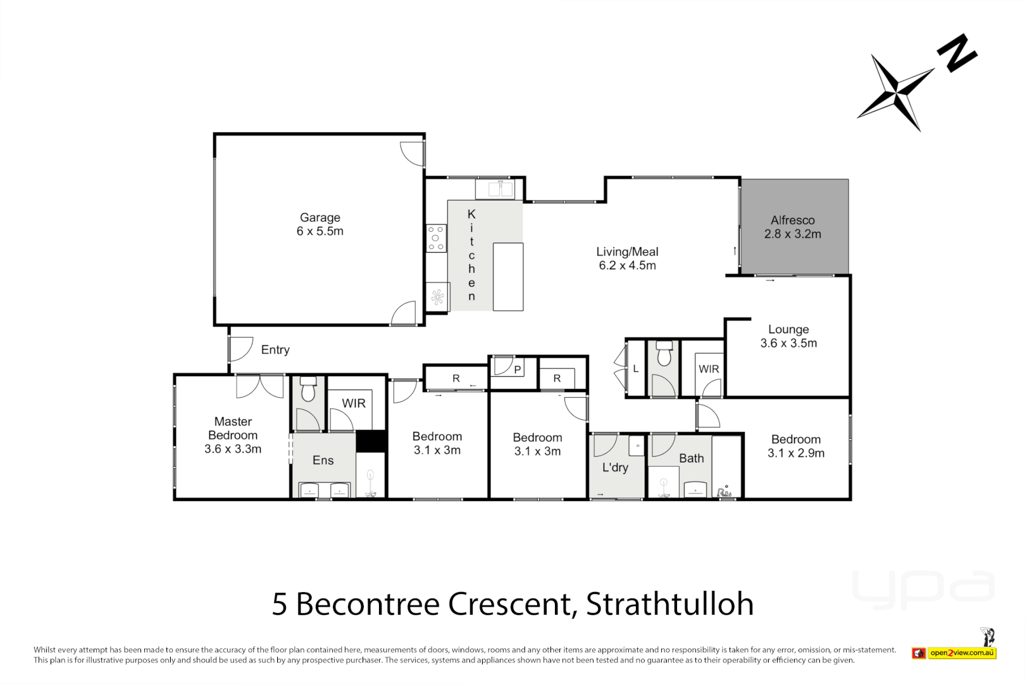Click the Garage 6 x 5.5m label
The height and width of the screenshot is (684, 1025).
coord(320,225)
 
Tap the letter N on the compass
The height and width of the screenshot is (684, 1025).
coord(957,54)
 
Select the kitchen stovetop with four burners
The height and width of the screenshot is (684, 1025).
coord(436,238)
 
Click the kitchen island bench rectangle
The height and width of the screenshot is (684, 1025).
coord(508,277)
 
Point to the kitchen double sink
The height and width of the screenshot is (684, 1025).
coord(495,189)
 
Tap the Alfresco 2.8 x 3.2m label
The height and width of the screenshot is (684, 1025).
coord(792,227)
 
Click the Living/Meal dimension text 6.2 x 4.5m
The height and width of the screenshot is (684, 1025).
coord(627,265)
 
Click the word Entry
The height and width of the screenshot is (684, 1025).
coord(275,350)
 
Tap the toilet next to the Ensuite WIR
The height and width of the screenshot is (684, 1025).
coord(308,389)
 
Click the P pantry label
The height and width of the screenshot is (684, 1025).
coord(517,370)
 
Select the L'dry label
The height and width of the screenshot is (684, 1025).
coord(615,467)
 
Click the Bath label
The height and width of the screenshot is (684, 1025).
coord(691,458)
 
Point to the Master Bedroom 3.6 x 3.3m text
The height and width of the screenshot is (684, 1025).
coord(233,435)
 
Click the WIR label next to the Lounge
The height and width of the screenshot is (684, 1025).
coord(709,369)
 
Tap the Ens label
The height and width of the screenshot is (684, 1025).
coord(323,460)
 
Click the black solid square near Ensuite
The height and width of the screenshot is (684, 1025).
coord(371,441)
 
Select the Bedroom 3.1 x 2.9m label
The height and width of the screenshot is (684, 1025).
coord(795,446)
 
